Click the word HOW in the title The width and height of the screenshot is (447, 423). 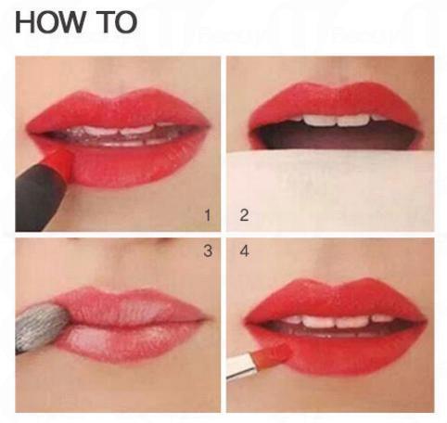pos(50,22)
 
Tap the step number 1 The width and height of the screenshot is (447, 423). pos(208,215)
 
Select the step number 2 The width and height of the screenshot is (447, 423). pos(244,215)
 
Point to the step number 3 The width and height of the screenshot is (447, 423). pos(208,250)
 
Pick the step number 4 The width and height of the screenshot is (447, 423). pos(244,250)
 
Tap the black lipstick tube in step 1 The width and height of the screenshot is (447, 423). pos(39,197)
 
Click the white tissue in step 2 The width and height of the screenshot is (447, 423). pos(330,191)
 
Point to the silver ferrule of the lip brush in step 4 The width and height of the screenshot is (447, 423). pos(242,366)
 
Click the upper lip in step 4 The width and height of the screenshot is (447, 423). pos(336,300)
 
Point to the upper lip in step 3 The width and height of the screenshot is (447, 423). pos(130,304)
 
